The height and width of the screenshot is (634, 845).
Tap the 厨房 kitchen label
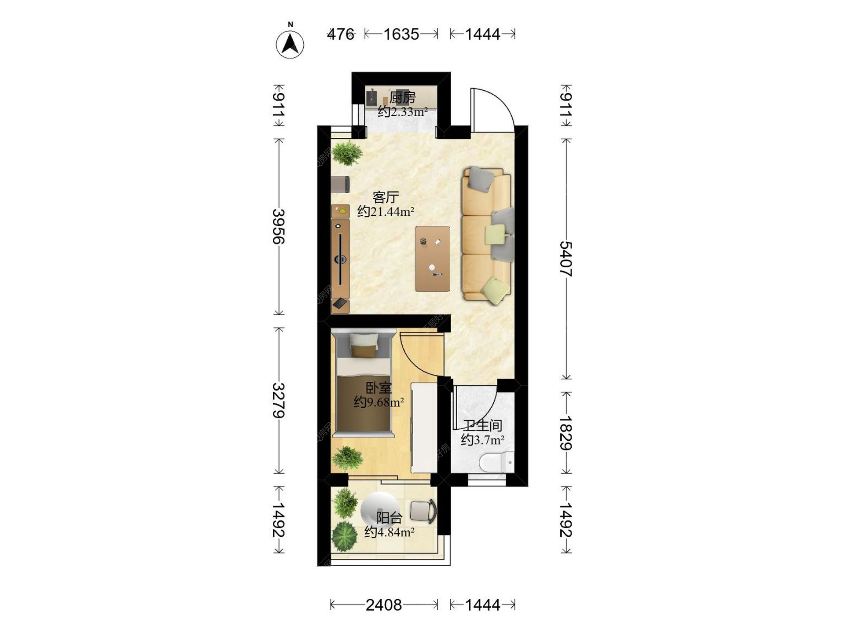pyautogui.click(x=402, y=97)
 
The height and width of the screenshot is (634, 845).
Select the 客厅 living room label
pyautogui.click(x=386, y=197)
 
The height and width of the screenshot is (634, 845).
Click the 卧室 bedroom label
pyautogui.click(x=379, y=387)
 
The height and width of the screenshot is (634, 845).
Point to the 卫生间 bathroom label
pyautogui.click(x=483, y=425)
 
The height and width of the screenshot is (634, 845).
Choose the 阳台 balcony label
pyautogui.click(x=389, y=517)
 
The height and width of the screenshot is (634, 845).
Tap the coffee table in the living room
pyautogui.click(x=432, y=259)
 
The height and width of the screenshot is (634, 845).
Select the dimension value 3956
pyautogui.click(x=279, y=226)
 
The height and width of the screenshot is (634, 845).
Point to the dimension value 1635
pyautogui.click(x=401, y=34)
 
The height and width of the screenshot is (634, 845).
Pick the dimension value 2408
pyautogui.click(x=384, y=605)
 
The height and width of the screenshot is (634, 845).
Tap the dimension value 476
pyautogui.click(x=341, y=34)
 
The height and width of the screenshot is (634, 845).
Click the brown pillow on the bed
pyautogui.click(x=364, y=351)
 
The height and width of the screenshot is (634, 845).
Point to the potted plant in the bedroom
pyautogui.click(x=347, y=458)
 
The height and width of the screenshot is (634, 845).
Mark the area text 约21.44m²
pyautogui.click(x=386, y=212)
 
